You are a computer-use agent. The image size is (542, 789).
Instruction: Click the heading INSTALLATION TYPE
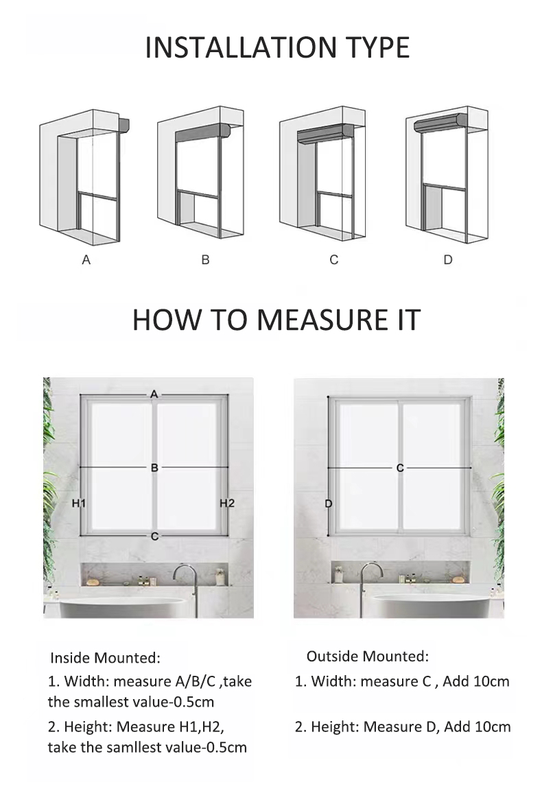click(277, 47)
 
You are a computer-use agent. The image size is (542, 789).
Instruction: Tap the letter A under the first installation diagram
click(86, 260)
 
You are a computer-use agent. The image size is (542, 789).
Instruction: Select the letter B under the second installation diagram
click(205, 260)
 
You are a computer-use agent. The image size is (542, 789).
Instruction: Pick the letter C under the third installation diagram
click(333, 260)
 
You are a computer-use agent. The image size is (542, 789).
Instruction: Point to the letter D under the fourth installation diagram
click(447, 260)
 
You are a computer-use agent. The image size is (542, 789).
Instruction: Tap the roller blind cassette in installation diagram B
click(203, 132)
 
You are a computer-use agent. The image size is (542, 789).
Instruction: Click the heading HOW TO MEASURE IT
click(276, 320)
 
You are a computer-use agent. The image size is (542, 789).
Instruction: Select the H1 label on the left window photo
click(78, 504)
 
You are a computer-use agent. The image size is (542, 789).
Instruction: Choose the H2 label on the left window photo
click(227, 504)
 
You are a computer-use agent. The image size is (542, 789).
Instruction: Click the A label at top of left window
click(154, 394)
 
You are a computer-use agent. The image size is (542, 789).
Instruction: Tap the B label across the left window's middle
click(154, 467)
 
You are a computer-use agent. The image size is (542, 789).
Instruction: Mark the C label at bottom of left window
click(154, 536)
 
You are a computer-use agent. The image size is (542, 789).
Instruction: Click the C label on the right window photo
click(400, 467)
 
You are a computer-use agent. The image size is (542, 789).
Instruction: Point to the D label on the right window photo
click(328, 504)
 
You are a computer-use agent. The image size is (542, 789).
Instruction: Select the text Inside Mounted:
click(105, 658)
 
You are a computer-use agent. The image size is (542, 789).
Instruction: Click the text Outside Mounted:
click(367, 656)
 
